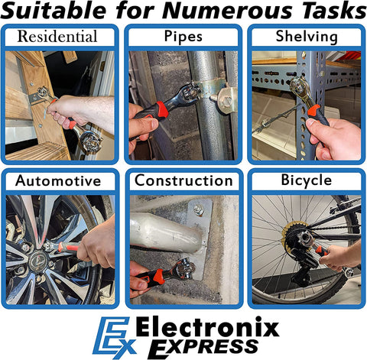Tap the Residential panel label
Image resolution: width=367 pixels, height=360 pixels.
(57, 36)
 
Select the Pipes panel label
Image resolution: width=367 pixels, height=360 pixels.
(183, 36)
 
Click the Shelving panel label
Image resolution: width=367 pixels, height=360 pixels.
(307, 37)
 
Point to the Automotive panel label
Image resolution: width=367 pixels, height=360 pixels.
(58, 181)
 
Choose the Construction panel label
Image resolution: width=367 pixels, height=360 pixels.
(183, 180)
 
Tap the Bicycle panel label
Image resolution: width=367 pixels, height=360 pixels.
(307, 180)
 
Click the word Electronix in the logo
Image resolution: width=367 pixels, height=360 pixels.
(207, 327)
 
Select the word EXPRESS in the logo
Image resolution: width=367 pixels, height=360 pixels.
(203, 347)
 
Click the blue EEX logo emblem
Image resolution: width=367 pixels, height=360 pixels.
(114, 338)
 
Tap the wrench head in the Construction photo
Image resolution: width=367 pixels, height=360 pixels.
(184, 269)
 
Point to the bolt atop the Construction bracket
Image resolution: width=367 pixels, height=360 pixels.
(199, 209)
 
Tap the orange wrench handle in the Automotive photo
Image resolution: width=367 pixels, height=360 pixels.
(69, 247)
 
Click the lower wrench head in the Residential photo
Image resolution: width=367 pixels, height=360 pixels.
(89, 141)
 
